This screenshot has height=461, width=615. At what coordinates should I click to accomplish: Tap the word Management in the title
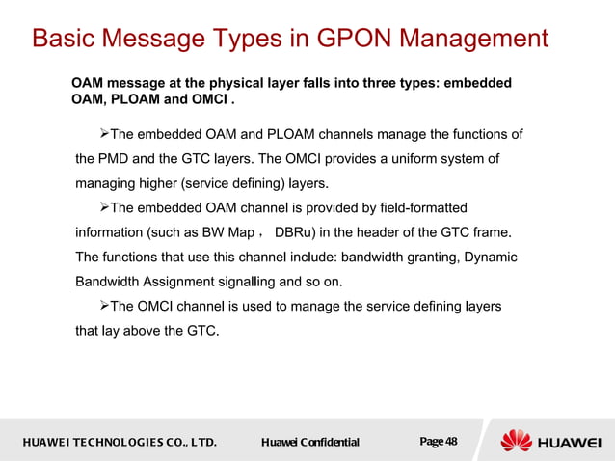pyautogui.click(x=473, y=40)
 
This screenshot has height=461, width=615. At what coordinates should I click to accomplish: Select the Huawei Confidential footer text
pyautogui.click(x=310, y=443)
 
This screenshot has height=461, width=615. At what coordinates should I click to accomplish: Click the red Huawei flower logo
pyautogui.click(x=515, y=442)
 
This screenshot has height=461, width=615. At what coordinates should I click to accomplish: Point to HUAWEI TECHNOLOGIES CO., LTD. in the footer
pyautogui.click(x=114, y=443)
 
